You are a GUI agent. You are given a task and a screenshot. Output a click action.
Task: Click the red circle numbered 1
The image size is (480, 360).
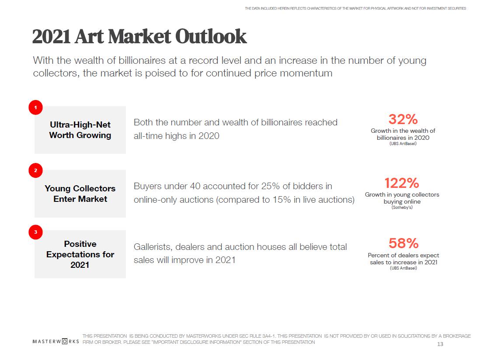pos(35,107)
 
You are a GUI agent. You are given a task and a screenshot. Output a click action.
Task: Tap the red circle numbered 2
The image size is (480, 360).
pos(35,170)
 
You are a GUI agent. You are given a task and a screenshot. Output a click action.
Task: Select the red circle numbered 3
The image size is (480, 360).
pos(35,232)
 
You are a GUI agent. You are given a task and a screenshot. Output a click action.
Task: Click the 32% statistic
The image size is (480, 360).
pos(403,119)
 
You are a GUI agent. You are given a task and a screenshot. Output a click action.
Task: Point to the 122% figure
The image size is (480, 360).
pos(402,183)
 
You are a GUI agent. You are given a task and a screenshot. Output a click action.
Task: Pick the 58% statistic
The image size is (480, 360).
pos(403,243)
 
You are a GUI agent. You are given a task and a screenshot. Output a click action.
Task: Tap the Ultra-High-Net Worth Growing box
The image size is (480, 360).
pos(80,130)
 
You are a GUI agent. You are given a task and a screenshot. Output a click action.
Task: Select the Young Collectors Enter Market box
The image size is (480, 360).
pos(80,194)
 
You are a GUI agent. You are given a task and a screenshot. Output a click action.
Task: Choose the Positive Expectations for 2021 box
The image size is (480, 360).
pos(80,254)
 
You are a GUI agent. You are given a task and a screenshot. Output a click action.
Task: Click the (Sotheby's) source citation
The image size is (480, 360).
pos(402,208)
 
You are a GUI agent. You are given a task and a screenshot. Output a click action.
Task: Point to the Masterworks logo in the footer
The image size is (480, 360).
pos(56,341)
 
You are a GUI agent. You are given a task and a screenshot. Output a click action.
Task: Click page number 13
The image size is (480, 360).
pos(440,344)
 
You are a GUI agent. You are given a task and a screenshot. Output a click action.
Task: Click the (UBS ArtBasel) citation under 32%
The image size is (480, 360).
pos(403,144)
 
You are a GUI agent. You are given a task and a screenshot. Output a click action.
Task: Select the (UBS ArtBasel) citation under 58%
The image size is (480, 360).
pos(403,268)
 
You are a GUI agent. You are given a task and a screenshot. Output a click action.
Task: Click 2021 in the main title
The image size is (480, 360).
pos(51,37)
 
